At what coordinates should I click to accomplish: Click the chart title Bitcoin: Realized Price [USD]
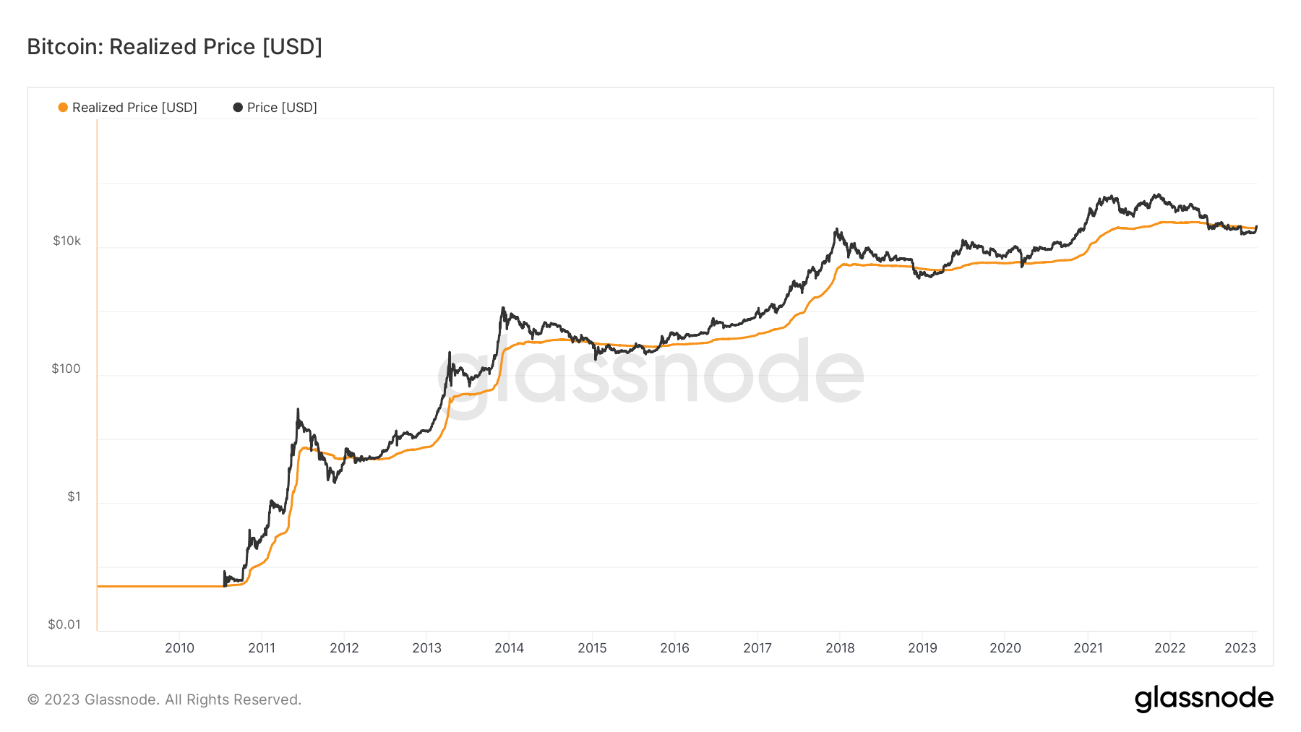click(x=174, y=47)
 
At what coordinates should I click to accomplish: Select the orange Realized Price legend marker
click(x=63, y=108)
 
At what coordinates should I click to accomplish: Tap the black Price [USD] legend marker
click(x=238, y=108)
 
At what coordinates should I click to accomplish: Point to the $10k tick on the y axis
click(x=66, y=241)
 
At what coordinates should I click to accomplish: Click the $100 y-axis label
click(x=66, y=369)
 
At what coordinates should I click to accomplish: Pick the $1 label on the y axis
click(x=74, y=496)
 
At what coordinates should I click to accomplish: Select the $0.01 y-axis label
click(x=64, y=624)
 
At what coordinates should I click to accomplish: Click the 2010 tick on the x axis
click(x=179, y=647)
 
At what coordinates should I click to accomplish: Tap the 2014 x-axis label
click(x=509, y=647)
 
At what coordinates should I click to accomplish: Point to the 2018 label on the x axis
click(x=840, y=647)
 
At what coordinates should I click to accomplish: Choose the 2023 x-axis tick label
click(x=1240, y=647)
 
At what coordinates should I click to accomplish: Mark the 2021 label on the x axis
click(x=1088, y=647)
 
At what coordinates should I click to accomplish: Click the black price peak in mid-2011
click(x=298, y=411)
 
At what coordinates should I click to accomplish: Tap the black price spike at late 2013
click(x=503, y=309)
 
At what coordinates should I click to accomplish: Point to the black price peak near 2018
click(x=836, y=230)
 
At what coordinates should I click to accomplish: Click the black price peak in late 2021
click(x=1157, y=194)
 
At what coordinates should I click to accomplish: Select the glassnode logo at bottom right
click(x=1203, y=698)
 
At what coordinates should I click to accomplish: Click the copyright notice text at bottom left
click(x=164, y=699)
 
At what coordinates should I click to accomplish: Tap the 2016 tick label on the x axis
click(x=674, y=647)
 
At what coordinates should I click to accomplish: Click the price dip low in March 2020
click(x=1022, y=266)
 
